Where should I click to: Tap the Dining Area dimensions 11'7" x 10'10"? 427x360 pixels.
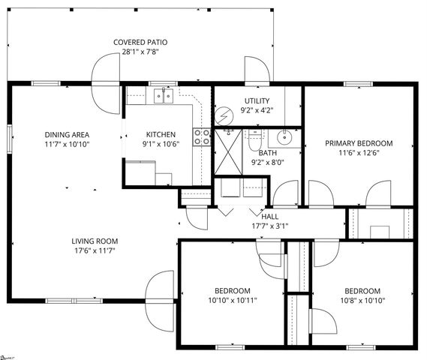tap(66, 144)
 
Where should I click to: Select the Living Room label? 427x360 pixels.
tap(95, 241)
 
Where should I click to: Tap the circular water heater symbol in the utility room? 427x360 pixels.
tap(224, 115)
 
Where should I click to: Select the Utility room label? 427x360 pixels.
tap(257, 100)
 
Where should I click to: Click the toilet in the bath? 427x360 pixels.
tap(254, 139)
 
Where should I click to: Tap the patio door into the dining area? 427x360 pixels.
tap(105, 82)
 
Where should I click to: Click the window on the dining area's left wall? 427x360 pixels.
tap(10, 138)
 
